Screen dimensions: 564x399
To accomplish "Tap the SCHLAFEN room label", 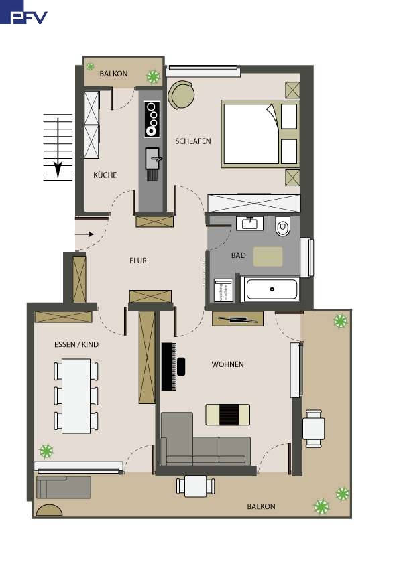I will [x=193, y=141].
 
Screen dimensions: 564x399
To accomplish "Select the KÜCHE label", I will [x=105, y=175].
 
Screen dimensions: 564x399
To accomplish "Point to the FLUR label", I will [x=138, y=261].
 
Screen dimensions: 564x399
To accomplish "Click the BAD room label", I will [x=238, y=255].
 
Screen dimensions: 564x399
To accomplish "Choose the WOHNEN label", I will [x=227, y=364].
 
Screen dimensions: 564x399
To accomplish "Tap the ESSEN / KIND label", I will [x=75, y=344].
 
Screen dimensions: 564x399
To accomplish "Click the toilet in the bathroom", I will [x=282, y=228].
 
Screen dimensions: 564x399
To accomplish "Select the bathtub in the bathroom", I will [x=272, y=290].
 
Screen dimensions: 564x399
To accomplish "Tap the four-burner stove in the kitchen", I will [x=153, y=118].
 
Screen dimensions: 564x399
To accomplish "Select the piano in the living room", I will [x=170, y=366].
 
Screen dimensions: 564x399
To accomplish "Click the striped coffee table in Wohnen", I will [x=227, y=414].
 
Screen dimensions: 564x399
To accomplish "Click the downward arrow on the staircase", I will [x=58, y=147].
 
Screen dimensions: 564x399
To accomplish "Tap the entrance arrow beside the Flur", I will [x=84, y=234].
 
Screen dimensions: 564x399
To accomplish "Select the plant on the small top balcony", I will [x=154, y=76].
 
